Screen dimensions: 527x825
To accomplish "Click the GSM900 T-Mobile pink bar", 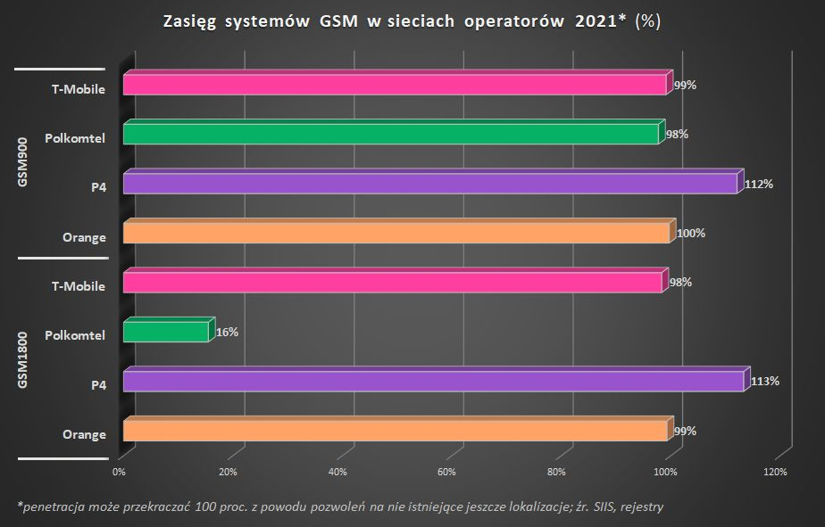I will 394,85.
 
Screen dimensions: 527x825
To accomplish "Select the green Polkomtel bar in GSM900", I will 390,135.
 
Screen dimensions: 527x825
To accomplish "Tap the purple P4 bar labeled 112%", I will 429,184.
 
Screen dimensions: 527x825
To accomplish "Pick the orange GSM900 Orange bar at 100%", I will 396,233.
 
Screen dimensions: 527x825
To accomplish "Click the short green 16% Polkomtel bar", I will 165,332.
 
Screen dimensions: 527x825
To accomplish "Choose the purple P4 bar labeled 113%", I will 433,381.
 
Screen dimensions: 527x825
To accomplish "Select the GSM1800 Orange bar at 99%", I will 395,431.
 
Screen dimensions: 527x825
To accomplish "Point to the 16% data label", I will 227,332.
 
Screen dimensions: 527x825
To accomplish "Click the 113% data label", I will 765,381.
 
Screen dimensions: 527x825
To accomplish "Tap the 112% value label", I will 758,184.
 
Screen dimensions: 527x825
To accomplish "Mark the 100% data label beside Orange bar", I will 690,233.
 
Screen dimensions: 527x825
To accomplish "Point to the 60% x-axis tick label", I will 447,472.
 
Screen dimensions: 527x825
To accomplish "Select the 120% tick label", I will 776,472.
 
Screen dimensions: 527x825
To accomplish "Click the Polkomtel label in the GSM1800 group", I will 75,335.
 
